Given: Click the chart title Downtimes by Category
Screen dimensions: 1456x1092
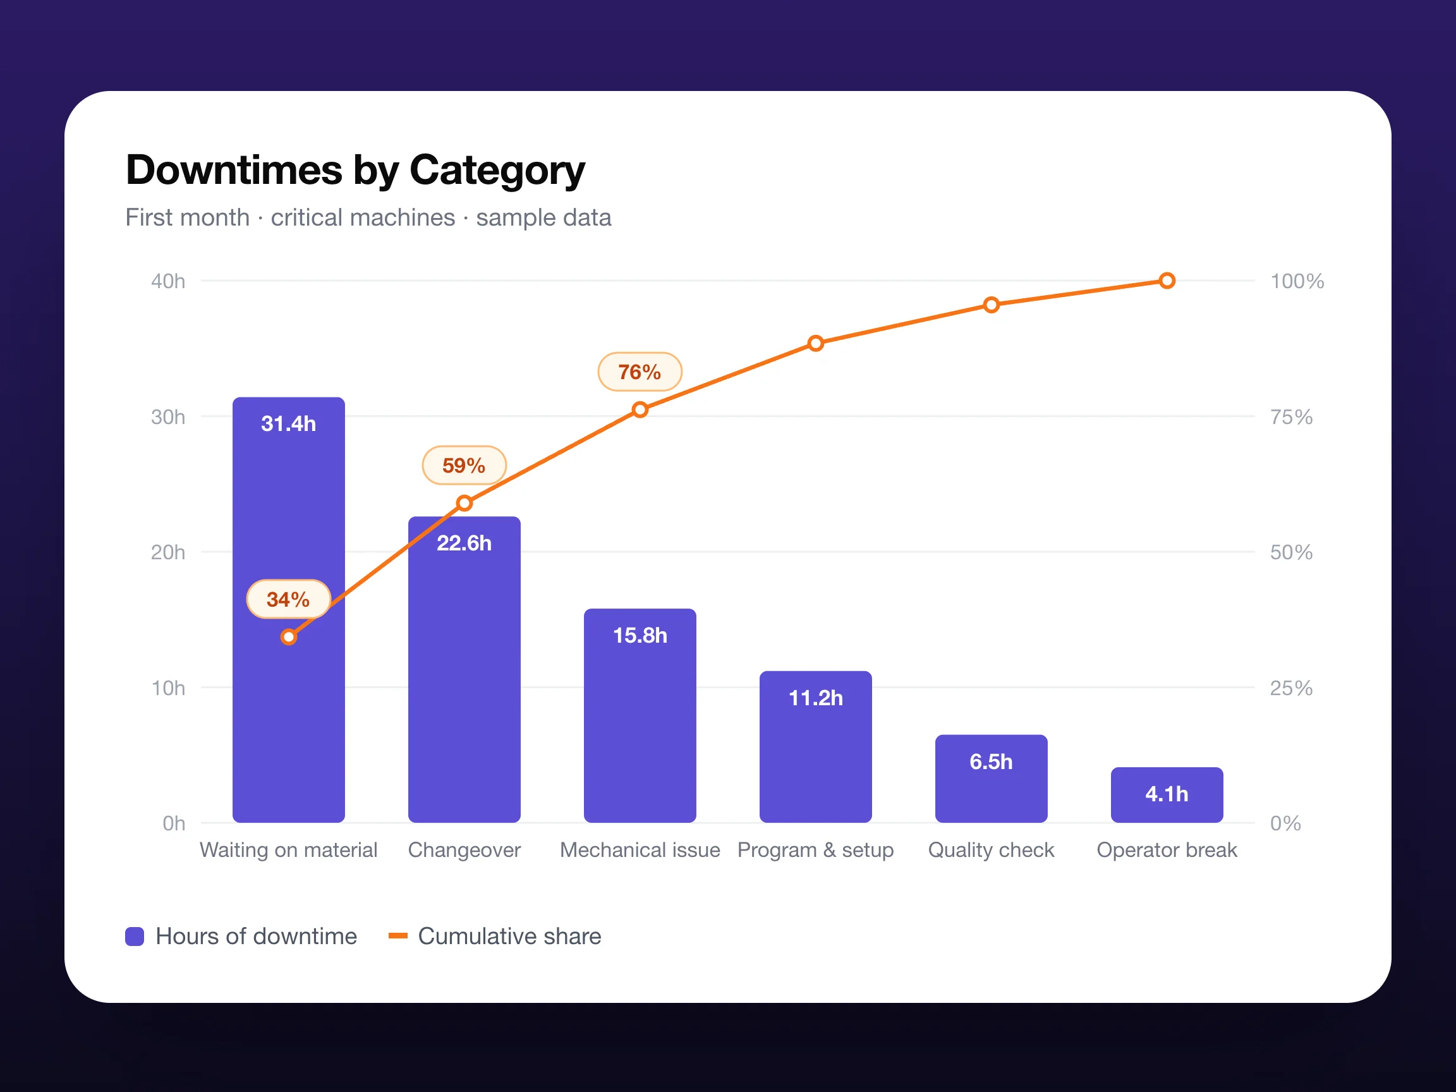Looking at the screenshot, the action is pyautogui.click(x=355, y=171).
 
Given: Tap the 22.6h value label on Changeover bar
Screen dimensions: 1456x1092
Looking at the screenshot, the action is pyautogui.click(x=464, y=543).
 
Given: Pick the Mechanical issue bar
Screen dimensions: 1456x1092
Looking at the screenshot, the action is pyautogui.click(x=640, y=715).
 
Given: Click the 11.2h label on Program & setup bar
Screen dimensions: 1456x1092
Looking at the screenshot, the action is pyautogui.click(x=816, y=698).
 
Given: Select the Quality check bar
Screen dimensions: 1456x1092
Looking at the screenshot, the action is pyautogui.click(x=992, y=779).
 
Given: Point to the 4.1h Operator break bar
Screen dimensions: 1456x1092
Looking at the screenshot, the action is pyautogui.click(x=1167, y=794).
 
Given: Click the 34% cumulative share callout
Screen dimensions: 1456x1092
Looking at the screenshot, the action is pyautogui.click(x=288, y=599).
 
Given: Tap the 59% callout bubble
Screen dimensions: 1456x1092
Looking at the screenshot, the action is pyautogui.click(x=464, y=465).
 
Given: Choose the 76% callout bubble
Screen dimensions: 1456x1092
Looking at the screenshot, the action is pyautogui.click(x=640, y=372).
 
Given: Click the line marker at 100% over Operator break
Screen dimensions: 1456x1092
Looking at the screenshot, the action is pyautogui.click(x=1167, y=281).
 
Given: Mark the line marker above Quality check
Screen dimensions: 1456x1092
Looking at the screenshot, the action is pyautogui.click(x=992, y=305).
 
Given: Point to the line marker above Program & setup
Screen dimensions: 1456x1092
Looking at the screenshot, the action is pyautogui.click(x=816, y=343).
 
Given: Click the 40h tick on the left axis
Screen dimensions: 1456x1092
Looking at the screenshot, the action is pyautogui.click(x=168, y=281).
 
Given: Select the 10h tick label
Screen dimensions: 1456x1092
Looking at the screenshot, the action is pyautogui.click(x=168, y=688).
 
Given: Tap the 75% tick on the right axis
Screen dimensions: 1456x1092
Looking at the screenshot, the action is pyautogui.click(x=1291, y=416).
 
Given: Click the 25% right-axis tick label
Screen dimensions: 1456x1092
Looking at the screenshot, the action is pyautogui.click(x=1291, y=688).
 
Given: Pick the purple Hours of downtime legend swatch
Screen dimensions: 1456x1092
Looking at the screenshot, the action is pyautogui.click(x=134, y=936).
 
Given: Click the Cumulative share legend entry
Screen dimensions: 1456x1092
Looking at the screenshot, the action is pyautogui.click(x=495, y=936).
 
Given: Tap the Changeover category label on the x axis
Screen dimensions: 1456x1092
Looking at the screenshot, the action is pyautogui.click(x=464, y=850).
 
